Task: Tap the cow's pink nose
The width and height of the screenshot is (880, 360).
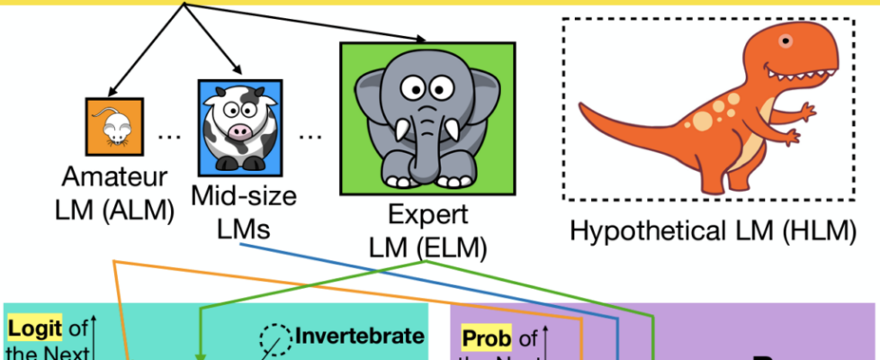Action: [x=240, y=133]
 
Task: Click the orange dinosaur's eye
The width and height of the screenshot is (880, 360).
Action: [x=786, y=40]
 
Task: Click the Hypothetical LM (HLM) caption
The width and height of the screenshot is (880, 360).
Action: [x=711, y=233]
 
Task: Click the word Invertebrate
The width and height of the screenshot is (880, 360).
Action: [x=360, y=337]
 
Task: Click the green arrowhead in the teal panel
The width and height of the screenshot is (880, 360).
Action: [x=201, y=355]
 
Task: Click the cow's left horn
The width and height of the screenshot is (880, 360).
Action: [x=209, y=94]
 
